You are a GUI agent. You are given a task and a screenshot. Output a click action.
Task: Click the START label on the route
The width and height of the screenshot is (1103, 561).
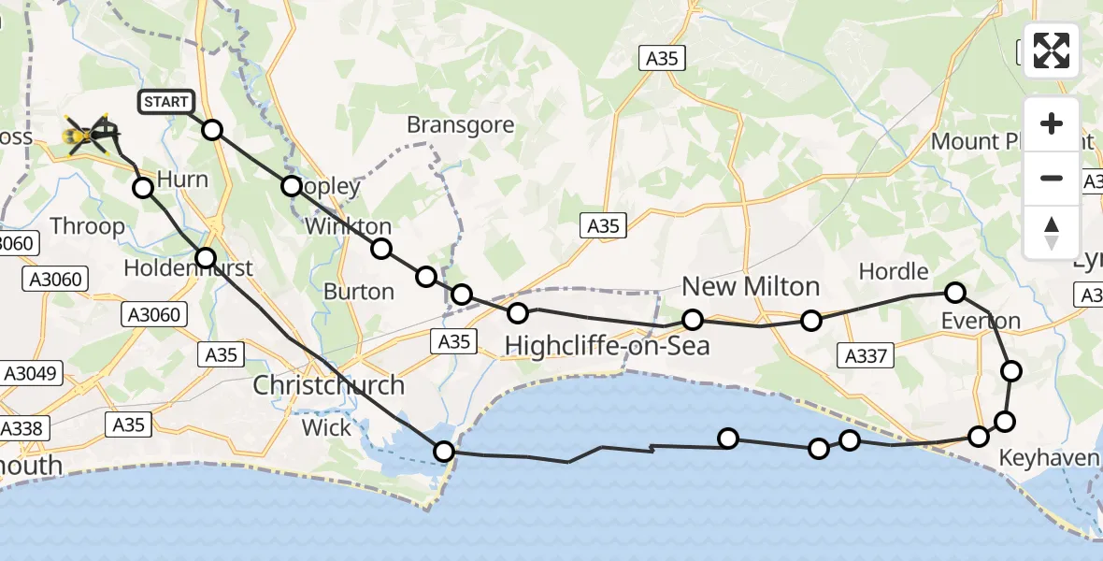[x=166, y=102]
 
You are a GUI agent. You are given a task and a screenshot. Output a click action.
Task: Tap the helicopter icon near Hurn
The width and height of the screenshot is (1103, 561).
[x=90, y=136]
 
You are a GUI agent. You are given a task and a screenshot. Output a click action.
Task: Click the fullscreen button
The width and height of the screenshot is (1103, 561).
[x=1052, y=50]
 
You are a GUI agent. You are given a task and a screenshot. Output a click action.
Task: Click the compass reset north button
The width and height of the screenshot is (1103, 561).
[x=1052, y=233]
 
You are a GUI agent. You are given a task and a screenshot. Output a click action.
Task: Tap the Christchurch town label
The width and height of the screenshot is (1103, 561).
[x=330, y=385]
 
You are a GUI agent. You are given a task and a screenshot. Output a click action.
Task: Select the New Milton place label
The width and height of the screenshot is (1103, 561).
[x=751, y=286]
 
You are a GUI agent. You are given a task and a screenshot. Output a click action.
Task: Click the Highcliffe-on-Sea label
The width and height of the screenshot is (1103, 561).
[x=607, y=346]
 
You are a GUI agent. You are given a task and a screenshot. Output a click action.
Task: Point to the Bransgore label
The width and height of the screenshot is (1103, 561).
[x=460, y=125]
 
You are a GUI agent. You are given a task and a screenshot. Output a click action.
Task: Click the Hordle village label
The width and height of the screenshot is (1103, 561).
[x=895, y=272]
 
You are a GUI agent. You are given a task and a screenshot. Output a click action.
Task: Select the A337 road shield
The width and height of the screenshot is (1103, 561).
[x=866, y=355]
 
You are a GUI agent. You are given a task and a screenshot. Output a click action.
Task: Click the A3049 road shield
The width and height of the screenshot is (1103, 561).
[x=30, y=374]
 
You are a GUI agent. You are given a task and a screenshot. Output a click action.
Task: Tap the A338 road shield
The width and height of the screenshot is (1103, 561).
[x=21, y=428]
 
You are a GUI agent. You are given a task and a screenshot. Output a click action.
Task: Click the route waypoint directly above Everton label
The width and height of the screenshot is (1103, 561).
[x=954, y=293]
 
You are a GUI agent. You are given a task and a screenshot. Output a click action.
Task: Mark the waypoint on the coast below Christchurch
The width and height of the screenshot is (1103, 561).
[x=444, y=452]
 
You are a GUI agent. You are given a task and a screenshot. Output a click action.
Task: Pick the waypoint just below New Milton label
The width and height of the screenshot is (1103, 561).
[x=692, y=320]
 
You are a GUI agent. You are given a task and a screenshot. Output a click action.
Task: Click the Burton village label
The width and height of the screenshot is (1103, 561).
[x=358, y=292]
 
